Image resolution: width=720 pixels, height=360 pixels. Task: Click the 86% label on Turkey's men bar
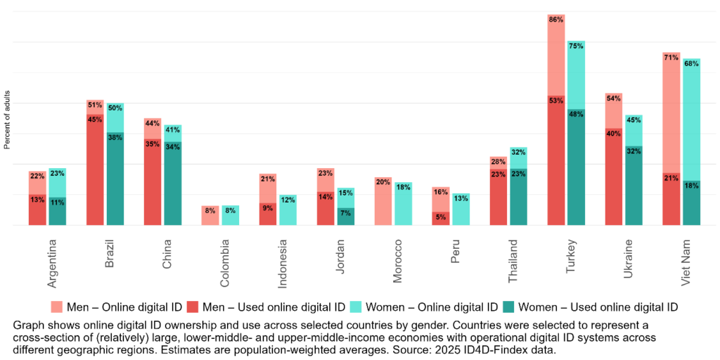[555, 20]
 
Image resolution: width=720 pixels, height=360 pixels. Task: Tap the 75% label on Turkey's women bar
[576, 46]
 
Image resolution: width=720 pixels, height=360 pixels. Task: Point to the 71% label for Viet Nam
[671, 58]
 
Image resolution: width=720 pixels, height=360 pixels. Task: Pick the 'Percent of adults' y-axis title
[7, 120]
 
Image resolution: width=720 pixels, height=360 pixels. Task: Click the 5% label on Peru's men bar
[440, 217]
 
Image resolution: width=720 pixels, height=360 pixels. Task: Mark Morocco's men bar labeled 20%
[383, 201]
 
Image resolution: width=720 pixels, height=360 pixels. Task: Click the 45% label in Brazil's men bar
[95, 120]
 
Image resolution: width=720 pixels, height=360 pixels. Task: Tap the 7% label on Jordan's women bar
[345, 213]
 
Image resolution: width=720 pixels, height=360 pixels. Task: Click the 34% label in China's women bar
[172, 147]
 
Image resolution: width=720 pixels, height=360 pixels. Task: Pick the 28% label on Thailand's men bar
[498, 162]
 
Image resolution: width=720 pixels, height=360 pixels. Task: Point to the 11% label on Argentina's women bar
[58, 202]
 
